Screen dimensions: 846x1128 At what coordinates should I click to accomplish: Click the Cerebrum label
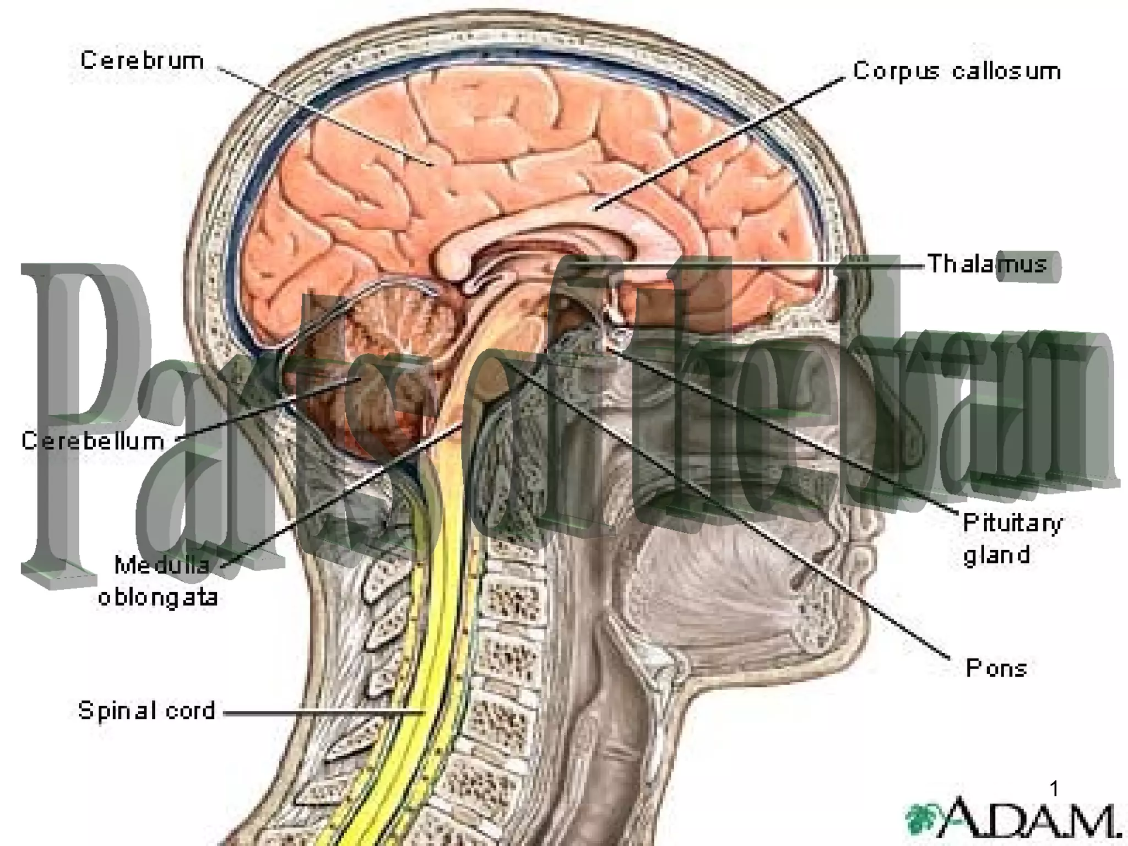142,61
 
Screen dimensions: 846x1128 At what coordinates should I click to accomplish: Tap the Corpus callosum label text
957,72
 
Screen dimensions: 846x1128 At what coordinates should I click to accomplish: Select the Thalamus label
987,264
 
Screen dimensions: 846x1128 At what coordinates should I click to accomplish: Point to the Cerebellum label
93,441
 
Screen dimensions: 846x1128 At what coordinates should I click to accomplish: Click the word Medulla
162,565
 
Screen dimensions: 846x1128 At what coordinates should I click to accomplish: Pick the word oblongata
158,598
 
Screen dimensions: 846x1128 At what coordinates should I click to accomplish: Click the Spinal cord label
146,711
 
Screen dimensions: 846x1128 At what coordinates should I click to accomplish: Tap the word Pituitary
1012,524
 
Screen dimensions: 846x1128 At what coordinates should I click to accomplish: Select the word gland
996,555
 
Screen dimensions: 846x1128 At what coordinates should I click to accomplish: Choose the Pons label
996,669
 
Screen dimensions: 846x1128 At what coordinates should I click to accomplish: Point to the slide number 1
1054,789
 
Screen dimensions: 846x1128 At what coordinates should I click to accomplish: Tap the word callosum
1006,72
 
